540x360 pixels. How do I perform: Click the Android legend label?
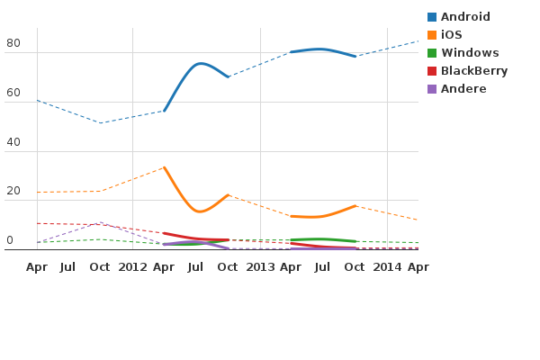pos(465,17)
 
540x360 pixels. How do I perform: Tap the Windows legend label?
pos(470,53)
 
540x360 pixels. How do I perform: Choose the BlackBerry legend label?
pos(474,71)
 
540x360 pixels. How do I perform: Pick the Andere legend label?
pos(463,89)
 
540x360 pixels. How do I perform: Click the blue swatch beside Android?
pos(432,17)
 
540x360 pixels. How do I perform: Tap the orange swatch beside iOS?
pos(432,35)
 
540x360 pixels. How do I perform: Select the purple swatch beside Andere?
pos(432,89)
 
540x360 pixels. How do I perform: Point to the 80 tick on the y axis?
pos(13,43)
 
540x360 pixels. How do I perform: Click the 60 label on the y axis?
pos(13,93)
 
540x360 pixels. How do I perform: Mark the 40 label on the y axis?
pos(13,142)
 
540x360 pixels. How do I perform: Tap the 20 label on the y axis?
pos(13,192)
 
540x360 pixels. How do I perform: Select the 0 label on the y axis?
pos(10,240)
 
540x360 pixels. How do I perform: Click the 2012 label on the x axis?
pos(132,267)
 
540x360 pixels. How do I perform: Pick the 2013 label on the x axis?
pos(260,267)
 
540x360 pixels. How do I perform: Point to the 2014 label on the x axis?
pos(388,267)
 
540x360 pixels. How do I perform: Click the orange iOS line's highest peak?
pos(165,167)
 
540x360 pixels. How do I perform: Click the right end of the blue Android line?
pos(418,40)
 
